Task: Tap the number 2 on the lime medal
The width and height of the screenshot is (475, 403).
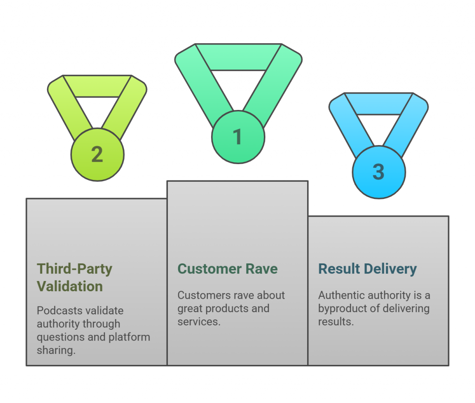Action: point(97,154)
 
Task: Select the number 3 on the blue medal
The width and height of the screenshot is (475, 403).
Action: point(379,172)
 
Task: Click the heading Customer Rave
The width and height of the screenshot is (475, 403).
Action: point(228,269)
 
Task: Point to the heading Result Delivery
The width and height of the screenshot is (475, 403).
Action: point(367,269)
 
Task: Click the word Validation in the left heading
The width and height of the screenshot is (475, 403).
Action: point(70,286)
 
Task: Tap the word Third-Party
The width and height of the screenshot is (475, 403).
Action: point(75,269)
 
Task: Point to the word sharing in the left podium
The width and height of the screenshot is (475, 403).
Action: point(55,350)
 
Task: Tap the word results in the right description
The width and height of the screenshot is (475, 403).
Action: point(335,321)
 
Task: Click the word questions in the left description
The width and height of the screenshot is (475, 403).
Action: point(59,337)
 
